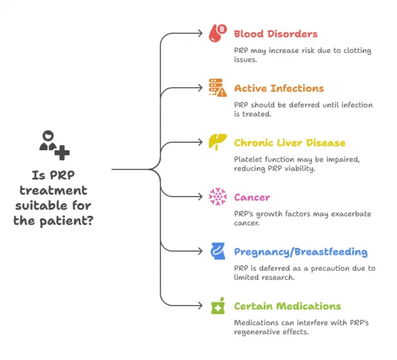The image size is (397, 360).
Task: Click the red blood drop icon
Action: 217,33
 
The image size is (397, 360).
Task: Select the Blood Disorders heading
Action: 275,34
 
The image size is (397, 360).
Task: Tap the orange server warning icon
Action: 217,88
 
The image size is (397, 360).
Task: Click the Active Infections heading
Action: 279,88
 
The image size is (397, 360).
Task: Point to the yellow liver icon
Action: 217,142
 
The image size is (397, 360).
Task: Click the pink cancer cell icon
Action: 217,197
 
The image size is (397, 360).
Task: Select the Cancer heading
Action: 252,197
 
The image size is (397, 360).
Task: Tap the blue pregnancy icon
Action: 217,251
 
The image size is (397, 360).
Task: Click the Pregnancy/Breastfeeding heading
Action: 300,251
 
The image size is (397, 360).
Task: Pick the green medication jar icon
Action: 217,306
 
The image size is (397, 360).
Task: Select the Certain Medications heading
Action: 287,306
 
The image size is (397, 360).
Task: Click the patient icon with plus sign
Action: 53,144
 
